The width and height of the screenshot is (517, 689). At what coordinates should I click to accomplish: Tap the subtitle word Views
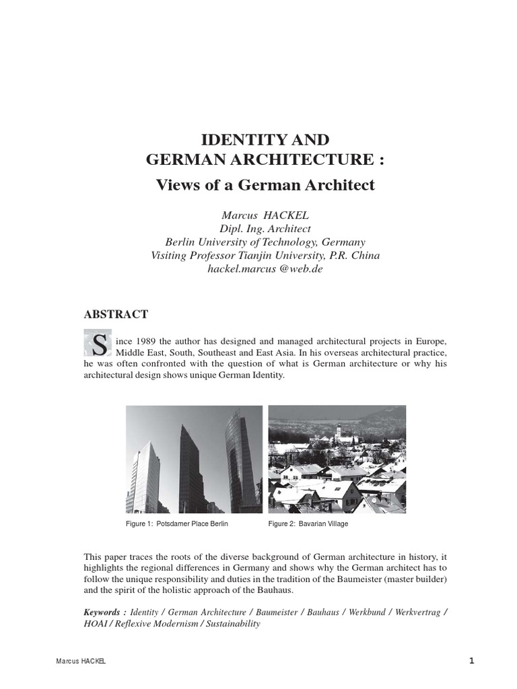coord(177,185)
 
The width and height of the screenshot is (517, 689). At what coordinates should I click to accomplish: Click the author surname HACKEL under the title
coord(285,215)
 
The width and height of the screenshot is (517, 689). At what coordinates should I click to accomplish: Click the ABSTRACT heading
coord(116,314)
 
